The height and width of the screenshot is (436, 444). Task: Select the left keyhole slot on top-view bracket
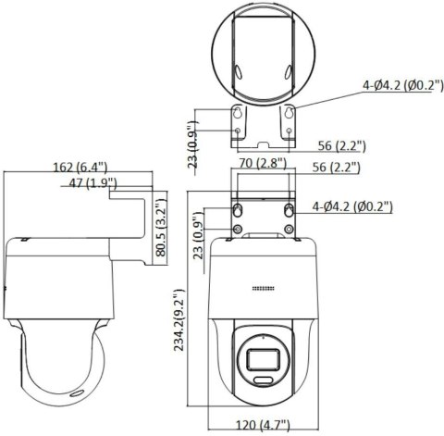tap(239, 114)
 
